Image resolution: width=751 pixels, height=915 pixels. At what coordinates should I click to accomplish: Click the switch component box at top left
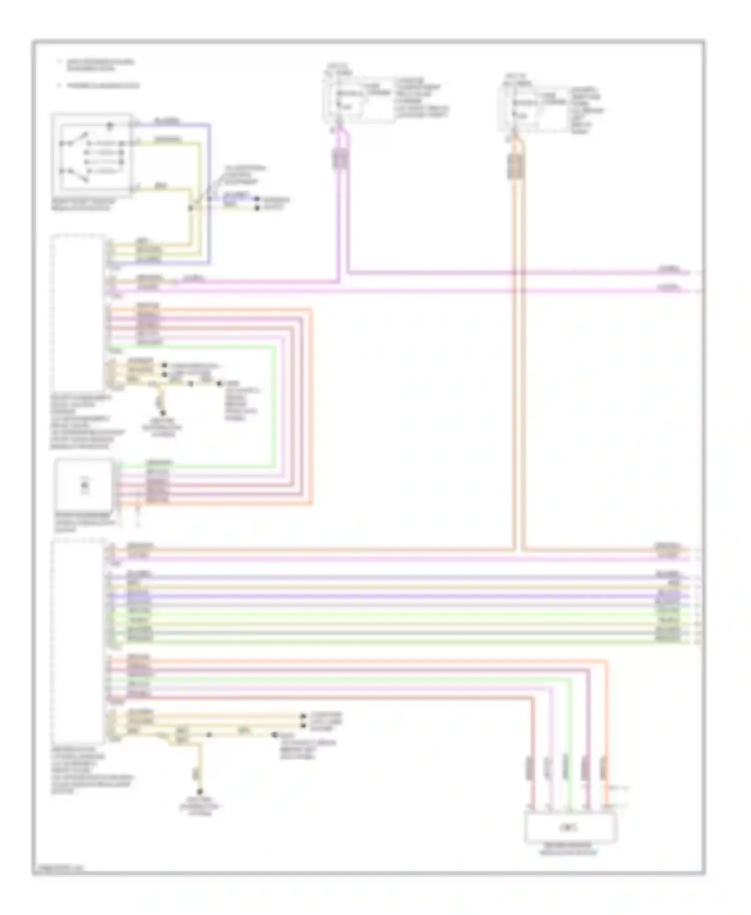pyautogui.click(x=92, y=154)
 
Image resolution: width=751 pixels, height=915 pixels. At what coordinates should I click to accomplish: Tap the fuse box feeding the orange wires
pyautogui.click(x=536, y=106)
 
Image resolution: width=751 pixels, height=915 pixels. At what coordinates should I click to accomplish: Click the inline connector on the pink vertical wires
pyautogui.click(x=341, y=159)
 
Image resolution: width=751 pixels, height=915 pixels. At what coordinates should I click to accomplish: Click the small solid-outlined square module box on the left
pyautogui.click(x=84, y=485)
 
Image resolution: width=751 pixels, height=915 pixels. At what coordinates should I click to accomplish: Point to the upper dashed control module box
pyautogui.click(x=79, y=312)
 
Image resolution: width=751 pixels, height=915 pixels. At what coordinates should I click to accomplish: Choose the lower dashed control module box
pyautogui.click(x=79, y=641)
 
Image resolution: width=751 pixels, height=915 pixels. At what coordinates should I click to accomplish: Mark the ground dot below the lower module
pyautogui.click(x=199, y=792)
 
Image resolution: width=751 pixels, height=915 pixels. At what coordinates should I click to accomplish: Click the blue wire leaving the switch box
pyautogui.click(x=209, y=190)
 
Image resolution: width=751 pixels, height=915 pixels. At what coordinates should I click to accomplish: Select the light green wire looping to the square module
pyautogui.click(x=275, y=405)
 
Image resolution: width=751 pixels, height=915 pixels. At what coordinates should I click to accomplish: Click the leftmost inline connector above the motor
pyautogui.click(x=529, y=768)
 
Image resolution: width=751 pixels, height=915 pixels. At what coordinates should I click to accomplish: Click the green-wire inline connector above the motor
pyautogui.click(x=566, y=768)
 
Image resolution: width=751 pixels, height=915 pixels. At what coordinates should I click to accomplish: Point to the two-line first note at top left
pyautogui.click(x=100, y=65)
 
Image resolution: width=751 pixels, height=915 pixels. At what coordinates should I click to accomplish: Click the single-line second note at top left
pyautogui.click(x=103, y=86)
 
